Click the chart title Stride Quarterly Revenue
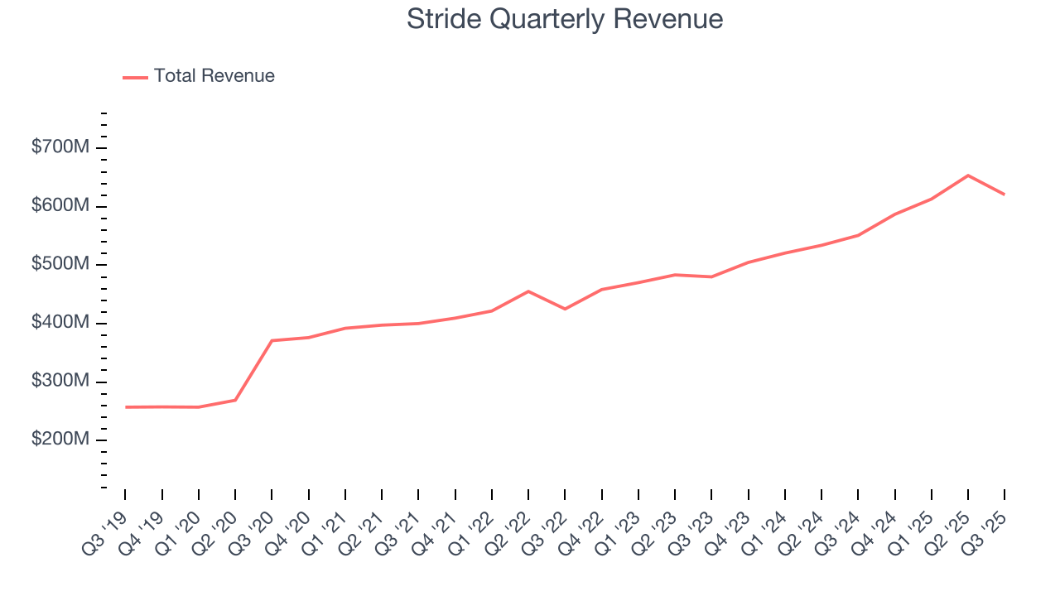tap(565, 19)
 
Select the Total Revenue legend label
tap(214, 76)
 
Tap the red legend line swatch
tap(135, 77)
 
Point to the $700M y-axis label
tap(60, 148)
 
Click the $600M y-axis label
tap(60, 206)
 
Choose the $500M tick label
tap(60, 265)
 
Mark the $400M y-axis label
tap(60, 323)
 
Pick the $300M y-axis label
tap(60, 382)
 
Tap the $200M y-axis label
tap(60, 440)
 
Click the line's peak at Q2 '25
tap(968, 175)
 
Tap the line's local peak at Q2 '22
tap(528, 291)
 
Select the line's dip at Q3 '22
tap(565, 309)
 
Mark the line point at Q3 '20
tap(272, 340)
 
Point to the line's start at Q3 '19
tap(126, 407)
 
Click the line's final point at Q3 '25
tap(1005, 195)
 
